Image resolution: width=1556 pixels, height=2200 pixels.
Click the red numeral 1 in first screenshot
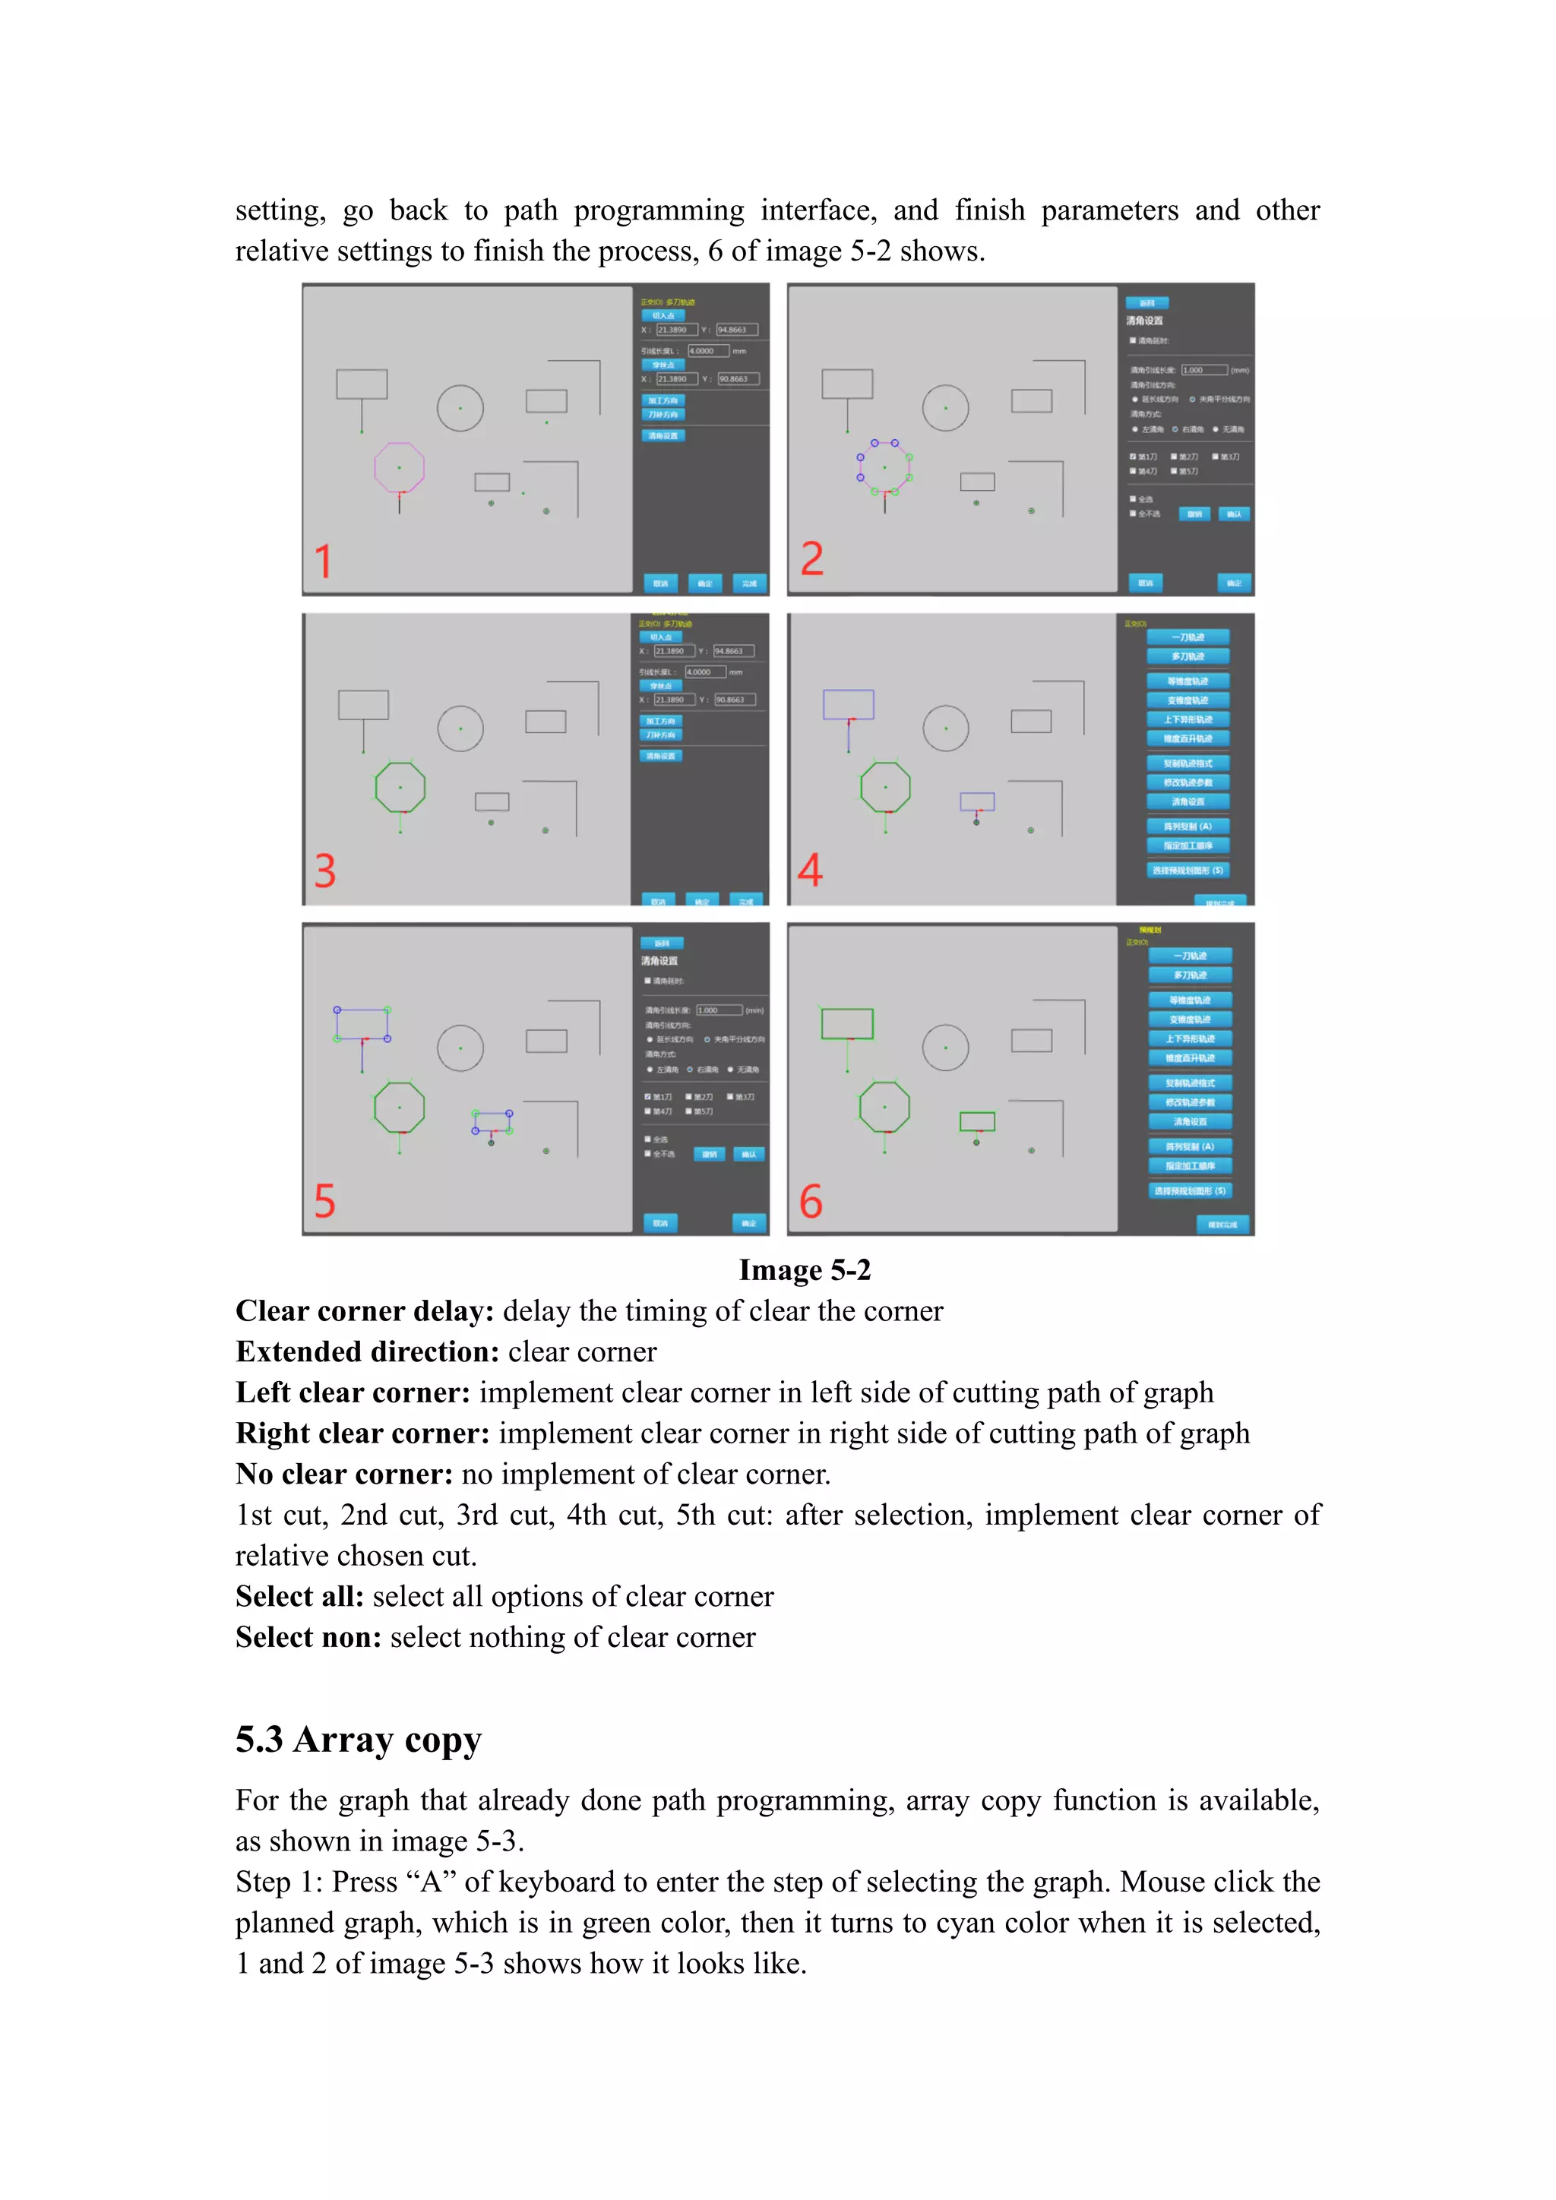(323, 561)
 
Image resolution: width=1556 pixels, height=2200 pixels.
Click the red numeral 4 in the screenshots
(810, 870)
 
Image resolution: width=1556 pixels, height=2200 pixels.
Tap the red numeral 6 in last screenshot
(811, 1202)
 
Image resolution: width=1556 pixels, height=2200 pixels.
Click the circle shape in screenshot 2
(946, 408)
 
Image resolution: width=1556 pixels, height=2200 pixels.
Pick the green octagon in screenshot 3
(400, 788)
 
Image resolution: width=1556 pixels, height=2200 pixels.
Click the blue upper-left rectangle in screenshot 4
(849, 704)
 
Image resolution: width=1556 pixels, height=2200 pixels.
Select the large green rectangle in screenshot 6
(847, 1023)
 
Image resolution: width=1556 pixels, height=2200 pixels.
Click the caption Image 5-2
(805, 1271)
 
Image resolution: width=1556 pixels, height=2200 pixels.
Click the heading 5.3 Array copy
(359, 1739)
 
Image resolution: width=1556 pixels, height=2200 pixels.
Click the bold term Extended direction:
(367, 1352)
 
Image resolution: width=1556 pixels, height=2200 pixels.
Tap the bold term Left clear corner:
(353, 1393)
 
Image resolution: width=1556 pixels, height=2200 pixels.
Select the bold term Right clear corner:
(362, 1433)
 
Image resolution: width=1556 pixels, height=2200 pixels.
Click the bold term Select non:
(308, 1638)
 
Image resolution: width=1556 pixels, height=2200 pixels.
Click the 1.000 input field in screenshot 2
(1203, 370)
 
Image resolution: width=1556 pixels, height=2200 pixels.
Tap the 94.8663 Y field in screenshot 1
(736, 330)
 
